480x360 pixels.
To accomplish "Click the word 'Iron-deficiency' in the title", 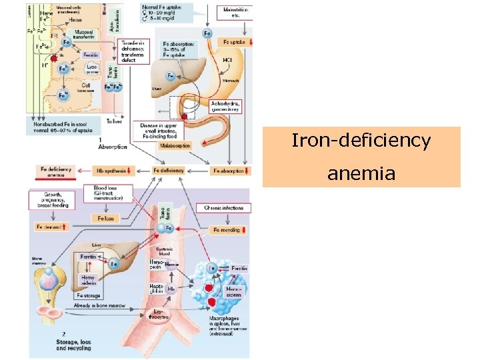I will (x=361, y=141).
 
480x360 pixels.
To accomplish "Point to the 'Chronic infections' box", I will (x=224, y=208).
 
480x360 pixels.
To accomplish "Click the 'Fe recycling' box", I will (x=229, y=230).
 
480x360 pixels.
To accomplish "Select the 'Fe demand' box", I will (x=52, y=227).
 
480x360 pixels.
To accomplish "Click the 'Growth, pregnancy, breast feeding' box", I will (x=51, y=200).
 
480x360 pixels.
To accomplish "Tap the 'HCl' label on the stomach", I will (x=228, y=59).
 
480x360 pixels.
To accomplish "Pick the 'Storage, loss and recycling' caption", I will (x=73, y=343).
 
